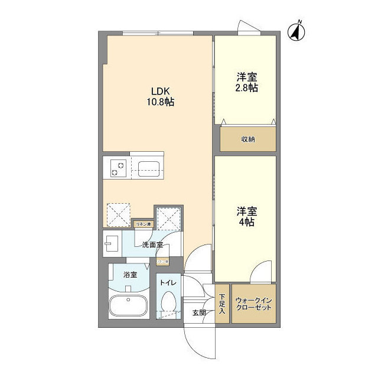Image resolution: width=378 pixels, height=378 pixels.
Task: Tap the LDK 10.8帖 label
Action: coord(160,96)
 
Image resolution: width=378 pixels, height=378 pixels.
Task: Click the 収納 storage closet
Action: coord(247,139)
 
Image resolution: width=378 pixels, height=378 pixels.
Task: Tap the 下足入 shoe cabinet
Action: coord(222,304)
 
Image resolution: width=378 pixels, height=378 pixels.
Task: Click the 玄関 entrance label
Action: coord(199,312)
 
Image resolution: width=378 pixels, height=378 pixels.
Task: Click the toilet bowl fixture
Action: coord(168,304)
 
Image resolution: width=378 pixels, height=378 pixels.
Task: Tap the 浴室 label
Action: coord(130,275)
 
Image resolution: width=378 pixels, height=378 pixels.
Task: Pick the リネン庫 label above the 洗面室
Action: coord(144,224)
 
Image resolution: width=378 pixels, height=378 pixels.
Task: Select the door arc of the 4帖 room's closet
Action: coord(260,273)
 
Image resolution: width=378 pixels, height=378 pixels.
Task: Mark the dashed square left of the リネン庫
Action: coord(118,214)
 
